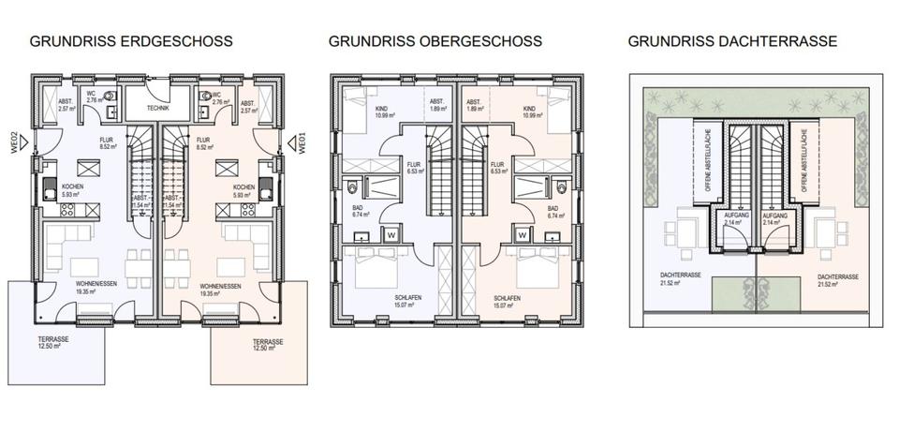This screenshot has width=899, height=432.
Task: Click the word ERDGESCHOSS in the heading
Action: click(182, 42)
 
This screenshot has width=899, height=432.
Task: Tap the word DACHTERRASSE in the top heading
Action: click(784, 42)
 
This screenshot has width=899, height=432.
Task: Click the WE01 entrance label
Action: click(302, 142)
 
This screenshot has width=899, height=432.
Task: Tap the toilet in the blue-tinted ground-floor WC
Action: click(111, 96)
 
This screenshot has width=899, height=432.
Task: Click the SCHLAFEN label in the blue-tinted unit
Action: click(404, 298)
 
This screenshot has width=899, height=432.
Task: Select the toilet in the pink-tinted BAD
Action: click(559, 183)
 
